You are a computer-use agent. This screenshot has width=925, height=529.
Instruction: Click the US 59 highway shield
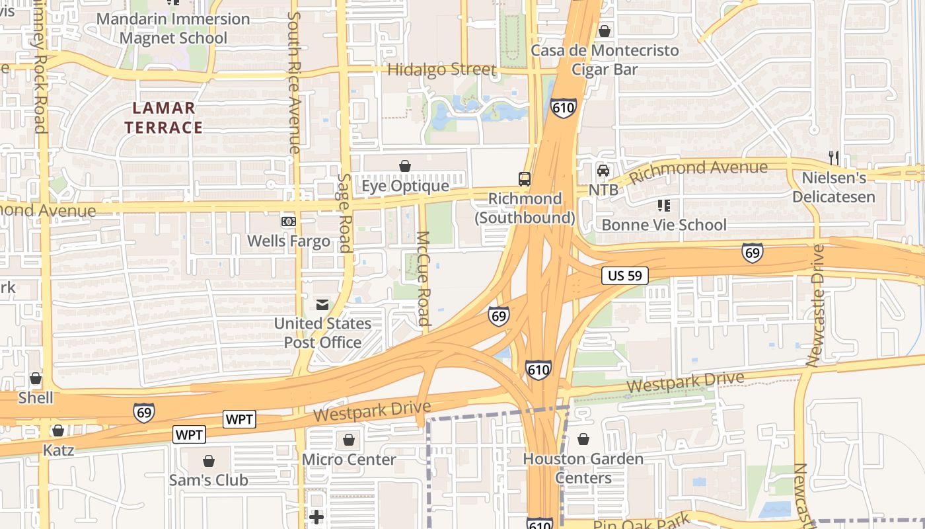tap(624, 276)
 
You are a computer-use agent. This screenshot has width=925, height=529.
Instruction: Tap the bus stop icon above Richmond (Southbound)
tap(524, 179)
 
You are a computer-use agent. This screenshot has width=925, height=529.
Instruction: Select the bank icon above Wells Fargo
tap(288, 221)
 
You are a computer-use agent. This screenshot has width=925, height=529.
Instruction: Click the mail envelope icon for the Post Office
tap(322, 305)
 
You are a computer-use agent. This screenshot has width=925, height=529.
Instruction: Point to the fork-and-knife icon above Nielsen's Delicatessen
tap(833, 157)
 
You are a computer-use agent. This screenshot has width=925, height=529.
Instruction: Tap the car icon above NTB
tap(603, 171)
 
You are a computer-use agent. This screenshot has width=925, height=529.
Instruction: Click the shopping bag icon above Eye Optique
tap(404, 166)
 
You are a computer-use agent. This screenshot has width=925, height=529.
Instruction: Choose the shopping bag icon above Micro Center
tap(348, 439)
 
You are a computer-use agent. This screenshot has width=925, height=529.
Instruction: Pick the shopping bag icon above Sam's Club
tap(209, 460)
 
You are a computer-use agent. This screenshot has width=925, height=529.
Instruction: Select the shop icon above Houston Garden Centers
tap(583, 438)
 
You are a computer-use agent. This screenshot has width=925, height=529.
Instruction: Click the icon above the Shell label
tap(36, 379)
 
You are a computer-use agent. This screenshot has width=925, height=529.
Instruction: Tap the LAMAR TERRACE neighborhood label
tap(164, 117)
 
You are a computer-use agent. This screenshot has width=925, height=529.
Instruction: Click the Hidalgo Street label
tap(441, 69)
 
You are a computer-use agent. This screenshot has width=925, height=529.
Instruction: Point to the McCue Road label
tap(424, 278)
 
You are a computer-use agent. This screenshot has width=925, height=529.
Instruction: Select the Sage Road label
tap(344, 213)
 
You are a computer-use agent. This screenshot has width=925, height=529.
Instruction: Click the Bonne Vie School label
tap(663, 225)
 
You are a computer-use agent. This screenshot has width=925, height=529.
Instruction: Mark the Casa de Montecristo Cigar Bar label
tap(605, 60)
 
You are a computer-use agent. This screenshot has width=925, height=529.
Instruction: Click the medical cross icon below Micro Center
tap(316, 516)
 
